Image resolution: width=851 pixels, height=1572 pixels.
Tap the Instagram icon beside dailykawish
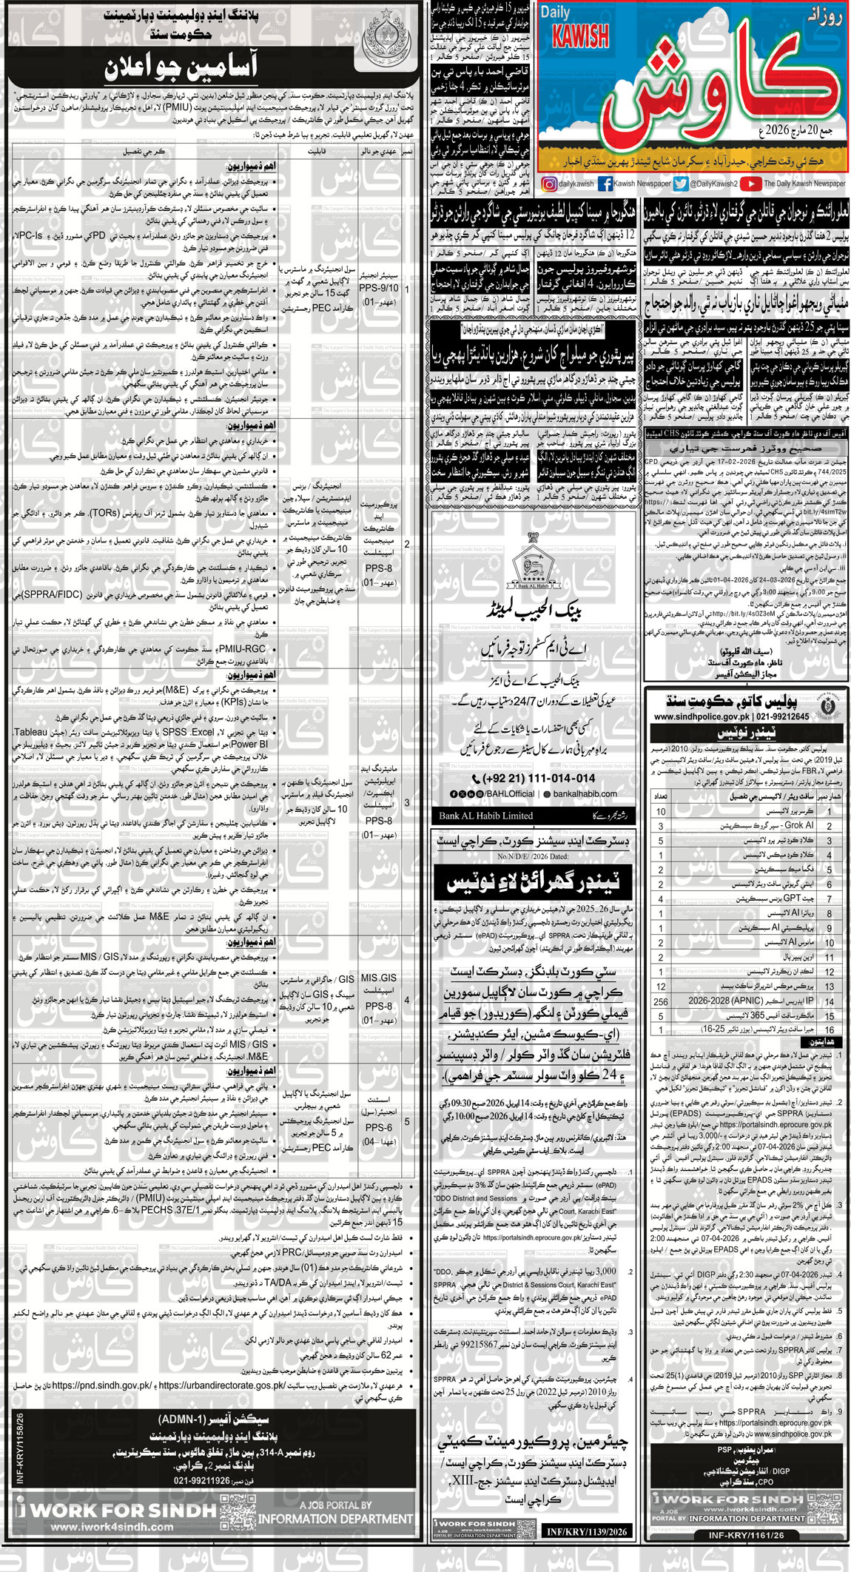tap(549, 184)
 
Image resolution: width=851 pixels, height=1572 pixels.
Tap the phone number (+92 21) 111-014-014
tap(533, 778)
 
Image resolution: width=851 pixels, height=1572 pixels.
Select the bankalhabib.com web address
tap(585, 793)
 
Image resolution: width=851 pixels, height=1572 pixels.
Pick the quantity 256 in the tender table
tap(660, 1001)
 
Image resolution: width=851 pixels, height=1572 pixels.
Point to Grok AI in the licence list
tap(798, 825)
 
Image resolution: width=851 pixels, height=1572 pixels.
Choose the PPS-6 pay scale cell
tap(378, 1127)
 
